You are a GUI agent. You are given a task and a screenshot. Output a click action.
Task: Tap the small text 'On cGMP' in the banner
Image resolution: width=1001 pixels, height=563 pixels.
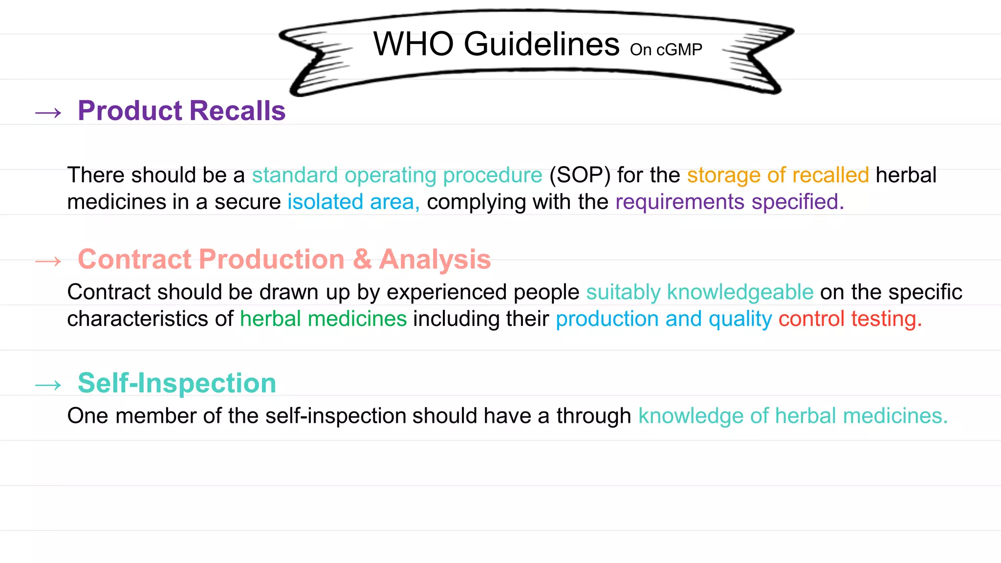(666, 49)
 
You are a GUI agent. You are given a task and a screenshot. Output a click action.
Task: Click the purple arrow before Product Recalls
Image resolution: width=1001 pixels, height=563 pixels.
(48, 113)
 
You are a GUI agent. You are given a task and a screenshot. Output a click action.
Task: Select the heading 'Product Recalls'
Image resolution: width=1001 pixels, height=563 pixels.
(181, 110)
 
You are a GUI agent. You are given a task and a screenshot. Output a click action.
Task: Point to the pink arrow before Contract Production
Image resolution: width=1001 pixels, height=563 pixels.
(48, 261)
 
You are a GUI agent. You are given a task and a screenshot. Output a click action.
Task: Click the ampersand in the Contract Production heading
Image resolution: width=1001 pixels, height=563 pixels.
(362, 259)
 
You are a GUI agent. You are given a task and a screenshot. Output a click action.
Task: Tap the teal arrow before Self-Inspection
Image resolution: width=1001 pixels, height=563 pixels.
(48, 385)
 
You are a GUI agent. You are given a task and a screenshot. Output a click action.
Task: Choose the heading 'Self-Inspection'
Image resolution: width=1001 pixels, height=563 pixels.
(177, 383)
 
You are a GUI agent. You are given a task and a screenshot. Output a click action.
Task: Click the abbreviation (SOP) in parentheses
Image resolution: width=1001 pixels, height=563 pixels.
(580, 175)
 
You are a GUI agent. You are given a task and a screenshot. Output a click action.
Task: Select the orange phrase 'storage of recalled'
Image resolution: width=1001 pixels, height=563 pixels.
(778, 175)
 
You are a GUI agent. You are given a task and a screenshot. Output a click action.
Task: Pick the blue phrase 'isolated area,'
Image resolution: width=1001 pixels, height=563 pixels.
(353, 202)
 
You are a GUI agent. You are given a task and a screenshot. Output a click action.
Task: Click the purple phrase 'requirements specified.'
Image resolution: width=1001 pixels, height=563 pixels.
(729, 202)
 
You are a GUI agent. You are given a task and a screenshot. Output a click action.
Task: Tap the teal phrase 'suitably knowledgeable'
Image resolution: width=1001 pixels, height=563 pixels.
(699, 292)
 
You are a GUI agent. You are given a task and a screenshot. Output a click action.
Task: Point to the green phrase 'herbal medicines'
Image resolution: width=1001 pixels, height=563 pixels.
(323, 319)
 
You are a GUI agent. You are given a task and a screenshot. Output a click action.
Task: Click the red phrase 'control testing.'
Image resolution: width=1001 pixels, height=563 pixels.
(850, 319)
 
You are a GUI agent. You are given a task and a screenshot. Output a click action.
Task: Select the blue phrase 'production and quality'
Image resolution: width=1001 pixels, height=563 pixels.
(664, 319)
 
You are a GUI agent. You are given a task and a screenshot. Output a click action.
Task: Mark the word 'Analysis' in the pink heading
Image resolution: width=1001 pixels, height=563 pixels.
(435, 259)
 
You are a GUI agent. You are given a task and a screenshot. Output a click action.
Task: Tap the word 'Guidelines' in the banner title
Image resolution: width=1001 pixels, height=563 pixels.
(541, 44)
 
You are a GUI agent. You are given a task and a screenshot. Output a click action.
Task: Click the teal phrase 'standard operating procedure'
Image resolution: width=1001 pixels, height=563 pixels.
(397, 175)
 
